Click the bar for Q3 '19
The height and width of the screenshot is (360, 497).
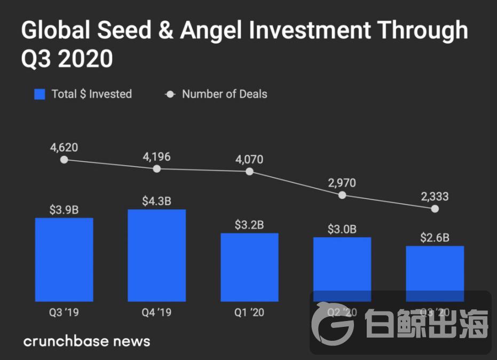tap(64, 260)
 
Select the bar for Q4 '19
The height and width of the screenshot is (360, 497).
tap(157, 255)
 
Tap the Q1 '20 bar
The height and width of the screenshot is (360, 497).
tap(250, 267)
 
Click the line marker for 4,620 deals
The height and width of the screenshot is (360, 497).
tap(64, 159)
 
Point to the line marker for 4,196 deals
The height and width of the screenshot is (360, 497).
tap(157, 169)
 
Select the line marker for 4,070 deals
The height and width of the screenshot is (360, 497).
tap(249, 171)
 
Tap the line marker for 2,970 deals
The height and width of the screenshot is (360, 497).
tap(342, 195)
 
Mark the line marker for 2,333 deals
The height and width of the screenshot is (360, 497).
tap(435, 209)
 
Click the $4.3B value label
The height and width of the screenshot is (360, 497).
tap(157, 201)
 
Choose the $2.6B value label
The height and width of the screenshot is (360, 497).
tap(435, 238)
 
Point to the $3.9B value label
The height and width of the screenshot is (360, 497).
tap(64, 210)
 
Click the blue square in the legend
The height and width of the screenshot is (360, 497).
tap(40, 95)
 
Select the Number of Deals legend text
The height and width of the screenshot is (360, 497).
tap(224, 95)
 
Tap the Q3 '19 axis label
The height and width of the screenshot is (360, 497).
tap(64, 312)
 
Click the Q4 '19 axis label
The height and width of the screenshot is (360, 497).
tap(157, 312)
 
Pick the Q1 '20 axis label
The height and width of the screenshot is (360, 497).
tap(249, 312)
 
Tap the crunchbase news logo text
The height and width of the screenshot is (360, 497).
tap(86, 341)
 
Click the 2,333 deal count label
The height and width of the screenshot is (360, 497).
tap(435, 197)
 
